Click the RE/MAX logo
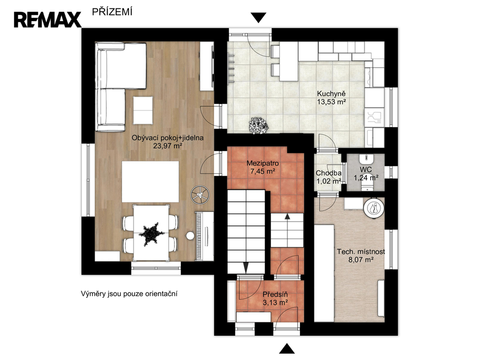tap(47, 20)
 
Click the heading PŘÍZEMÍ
tap(112, 12)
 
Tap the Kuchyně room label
tap(331, 94)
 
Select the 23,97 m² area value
tap(168, 146)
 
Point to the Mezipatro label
tap(262, 163)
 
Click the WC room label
tap(366, 170)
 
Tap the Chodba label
tap(329, 173)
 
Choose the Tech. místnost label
tap(361, 252)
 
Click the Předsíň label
tap(275, 294)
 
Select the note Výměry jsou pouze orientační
tap(129, 294)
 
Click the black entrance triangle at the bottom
tap(287, 349)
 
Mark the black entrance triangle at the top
tap(258, 18)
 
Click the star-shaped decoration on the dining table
tap(151, 234)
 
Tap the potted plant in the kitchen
tap(259, 126)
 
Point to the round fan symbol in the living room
tap(200, 195)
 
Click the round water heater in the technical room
tap(374, 209)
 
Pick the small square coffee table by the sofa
tap(143, 110)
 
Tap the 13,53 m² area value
tap(331, 102)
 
